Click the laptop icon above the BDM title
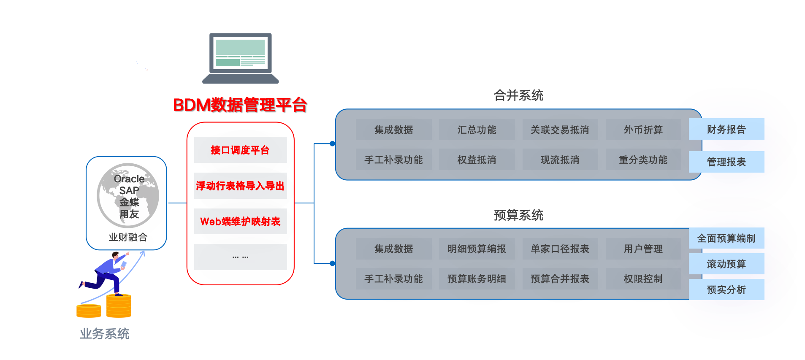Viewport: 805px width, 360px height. [x=241, y=58]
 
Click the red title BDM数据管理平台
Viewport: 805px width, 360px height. [x=240, y=105]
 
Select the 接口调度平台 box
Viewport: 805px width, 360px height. [x=240, y=150]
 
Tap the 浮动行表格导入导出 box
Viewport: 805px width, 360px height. [x=240, y=186]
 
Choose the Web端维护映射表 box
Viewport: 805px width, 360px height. [x=240, y=221]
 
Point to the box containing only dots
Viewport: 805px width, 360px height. [x=240, y=257]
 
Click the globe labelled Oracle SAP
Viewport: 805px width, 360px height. [x=128, y=195]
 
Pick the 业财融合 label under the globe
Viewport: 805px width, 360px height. [x=128, y=237]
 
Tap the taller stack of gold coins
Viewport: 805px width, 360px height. [x=119, y=306]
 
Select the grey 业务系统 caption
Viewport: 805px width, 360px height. [x=105, y=334]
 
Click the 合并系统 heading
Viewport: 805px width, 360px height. [x=518, y=95]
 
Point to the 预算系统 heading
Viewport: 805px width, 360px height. [x=518, y=215]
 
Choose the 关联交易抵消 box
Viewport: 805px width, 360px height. [x=560, y=130]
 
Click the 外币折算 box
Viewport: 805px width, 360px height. [x=643, y=130]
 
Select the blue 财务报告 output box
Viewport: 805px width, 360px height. [x=726, y=129]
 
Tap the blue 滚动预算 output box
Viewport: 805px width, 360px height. [x=726, y=264]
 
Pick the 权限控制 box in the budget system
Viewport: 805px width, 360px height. [x=643, y=279]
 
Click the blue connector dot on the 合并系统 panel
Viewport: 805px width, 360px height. [x=333, y=143]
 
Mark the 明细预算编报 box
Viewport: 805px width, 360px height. [x=477, y=249]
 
